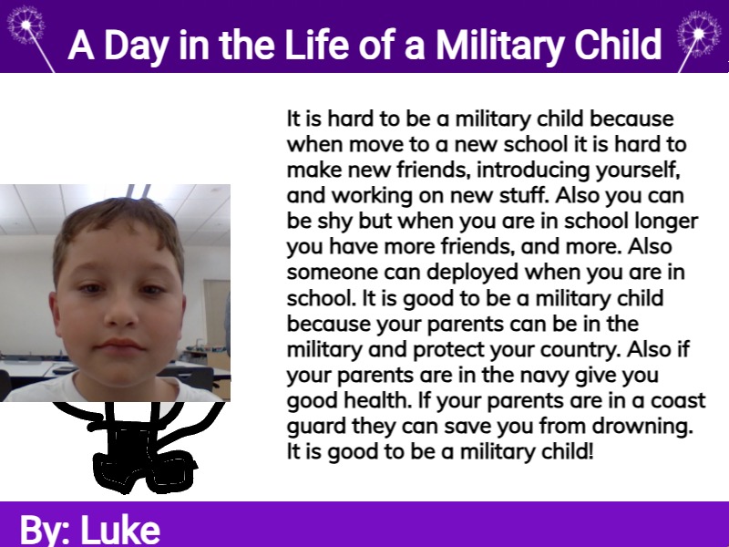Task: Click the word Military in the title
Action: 499,46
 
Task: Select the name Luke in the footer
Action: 120,530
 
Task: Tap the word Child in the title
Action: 618,45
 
